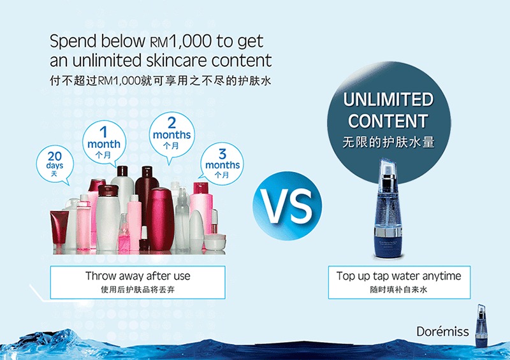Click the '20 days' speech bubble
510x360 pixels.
tap(55, 164)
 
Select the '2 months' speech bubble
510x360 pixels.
tap(171, 135)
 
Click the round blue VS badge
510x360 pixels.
tap(288, 206)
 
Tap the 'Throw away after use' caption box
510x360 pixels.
tap(138, 282)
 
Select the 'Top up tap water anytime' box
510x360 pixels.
tap(399, 282)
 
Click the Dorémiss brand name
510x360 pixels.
tap(442, 331)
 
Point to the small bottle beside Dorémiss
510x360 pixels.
tap(481, 325)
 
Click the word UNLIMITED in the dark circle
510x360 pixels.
tap(388, 99)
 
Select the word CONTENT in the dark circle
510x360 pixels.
tap(388, 121)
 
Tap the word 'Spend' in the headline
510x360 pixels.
tap(73, 42)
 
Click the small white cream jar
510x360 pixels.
tap(215, 241)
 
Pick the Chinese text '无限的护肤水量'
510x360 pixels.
tap(388, 142)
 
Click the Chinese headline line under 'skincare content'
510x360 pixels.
tap(160, 80)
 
